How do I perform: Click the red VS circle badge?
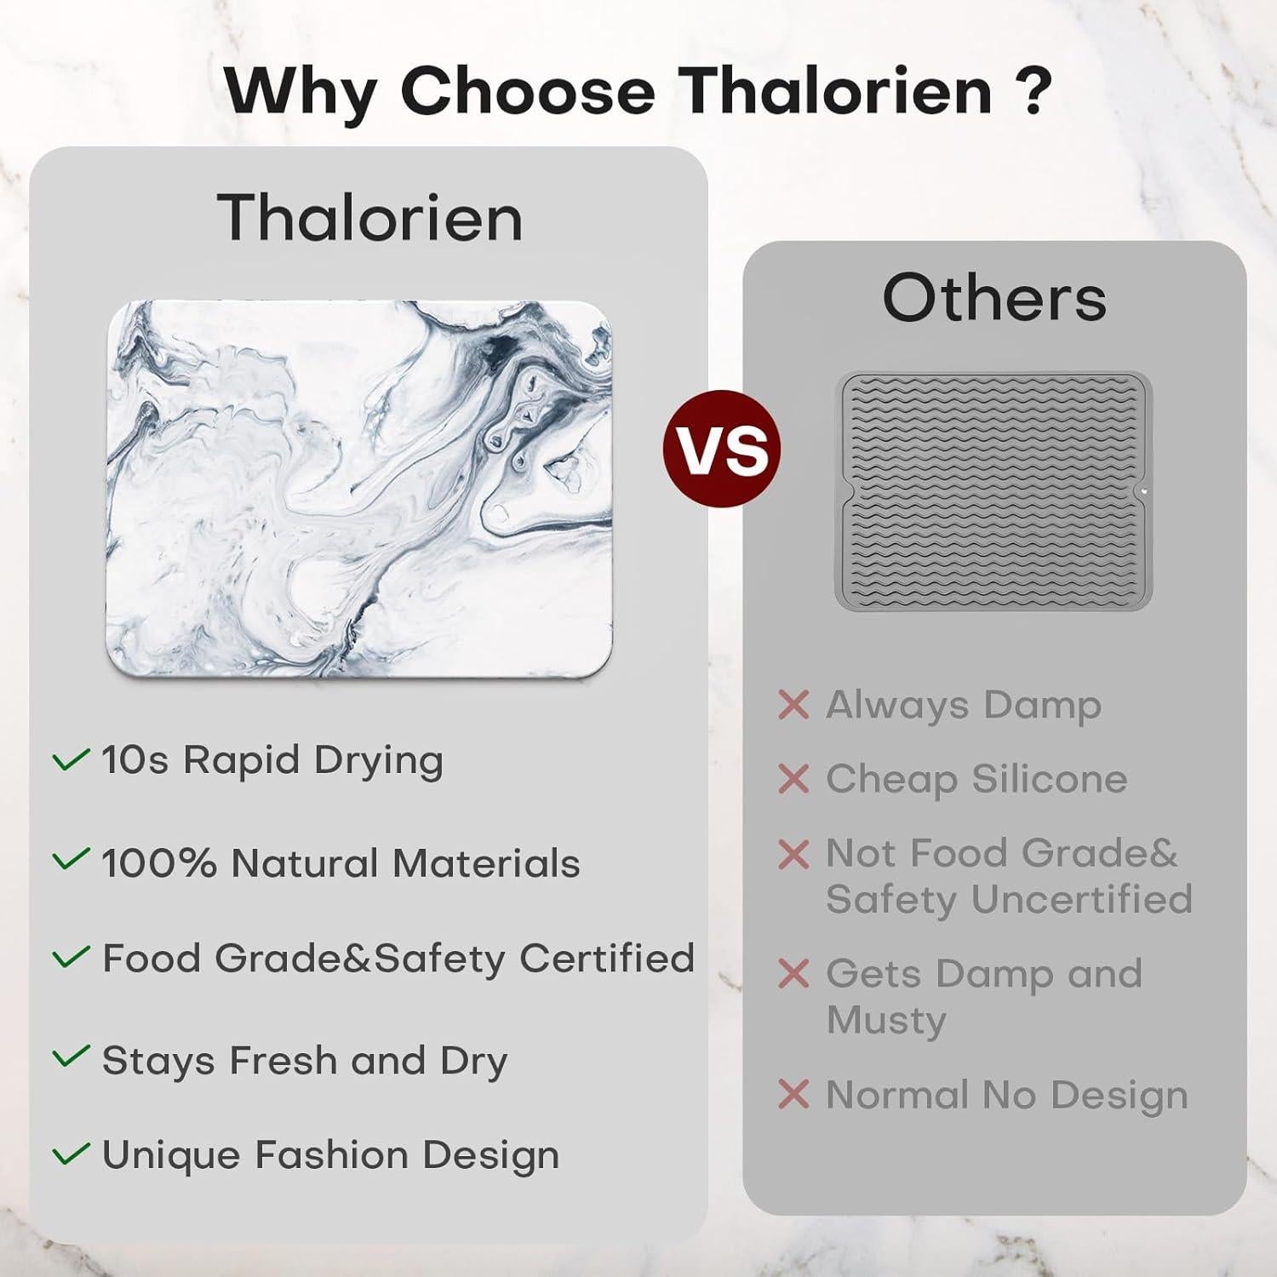point(722,449)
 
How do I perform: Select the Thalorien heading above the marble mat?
point(369,217)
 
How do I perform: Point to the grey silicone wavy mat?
point(994,490)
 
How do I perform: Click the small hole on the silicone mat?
point(1143,491)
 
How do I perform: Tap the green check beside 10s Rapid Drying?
point(71,759)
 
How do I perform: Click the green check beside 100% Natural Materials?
point(71,859)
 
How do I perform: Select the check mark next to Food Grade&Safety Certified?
point(71,957)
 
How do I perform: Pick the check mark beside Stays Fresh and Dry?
point(71,1057)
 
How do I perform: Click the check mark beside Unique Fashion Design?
point(71,1154)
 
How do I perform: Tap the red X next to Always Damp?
point(793,705)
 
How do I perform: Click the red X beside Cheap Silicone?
point(793,779)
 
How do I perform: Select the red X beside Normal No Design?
point(793,1095)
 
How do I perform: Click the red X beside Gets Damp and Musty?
point(793,974)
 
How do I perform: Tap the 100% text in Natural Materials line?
point(158,863)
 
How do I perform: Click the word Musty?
point(886,1022)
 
